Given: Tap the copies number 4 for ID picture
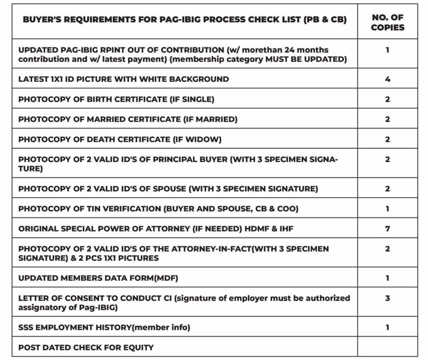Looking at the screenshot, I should (x=387, y=79).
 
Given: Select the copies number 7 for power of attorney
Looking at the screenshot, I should (x=387, y=228).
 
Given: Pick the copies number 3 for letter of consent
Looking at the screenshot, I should (x=387, y=298).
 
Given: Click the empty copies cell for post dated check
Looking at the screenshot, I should (x=387, y=347).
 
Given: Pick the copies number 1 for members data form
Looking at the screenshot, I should (x=387, y=278).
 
